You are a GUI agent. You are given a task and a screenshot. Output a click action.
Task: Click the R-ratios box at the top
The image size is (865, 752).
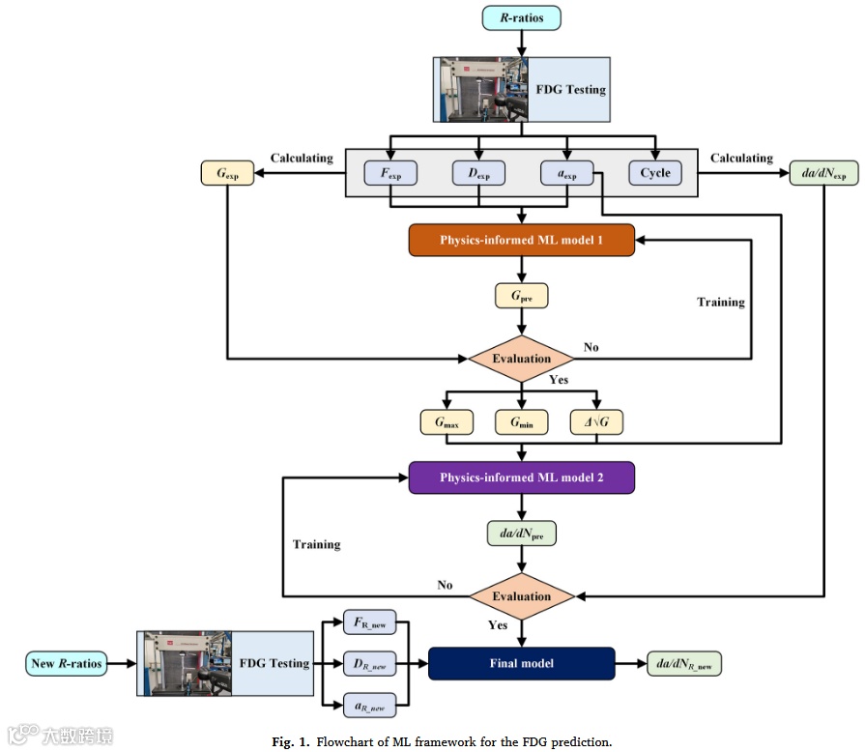(x=522, y=17)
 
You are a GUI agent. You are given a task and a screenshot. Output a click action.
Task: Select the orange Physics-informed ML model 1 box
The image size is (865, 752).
(x=522, y=240)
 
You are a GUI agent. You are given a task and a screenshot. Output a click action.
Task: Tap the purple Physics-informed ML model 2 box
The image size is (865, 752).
(x=522, y=477)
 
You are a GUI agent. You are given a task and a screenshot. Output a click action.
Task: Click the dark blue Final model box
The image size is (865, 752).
(x=522, y=664)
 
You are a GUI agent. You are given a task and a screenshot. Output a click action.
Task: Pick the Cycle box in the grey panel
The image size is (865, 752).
(x=654, y=173)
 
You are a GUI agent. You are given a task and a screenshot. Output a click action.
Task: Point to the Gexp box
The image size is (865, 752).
(x=224, y=173)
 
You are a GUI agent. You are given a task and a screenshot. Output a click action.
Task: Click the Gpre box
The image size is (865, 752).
(x=522, y=295)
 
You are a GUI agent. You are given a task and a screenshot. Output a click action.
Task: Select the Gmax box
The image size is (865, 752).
(x=445, y=422)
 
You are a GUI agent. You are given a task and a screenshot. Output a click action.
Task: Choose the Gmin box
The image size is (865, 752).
(x=522, y=422)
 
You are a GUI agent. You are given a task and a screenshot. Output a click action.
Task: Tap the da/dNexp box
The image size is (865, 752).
(x=824, y=173)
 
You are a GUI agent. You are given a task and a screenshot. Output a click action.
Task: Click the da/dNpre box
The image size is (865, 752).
(x=522, y=534)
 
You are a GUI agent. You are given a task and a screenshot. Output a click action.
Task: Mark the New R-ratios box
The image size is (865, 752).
(x=66, y=664)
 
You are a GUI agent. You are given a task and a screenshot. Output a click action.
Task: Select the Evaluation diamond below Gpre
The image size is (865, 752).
(x=522, y=359)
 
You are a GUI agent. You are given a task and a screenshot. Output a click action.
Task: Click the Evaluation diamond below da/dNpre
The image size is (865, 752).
(x=522, y=596)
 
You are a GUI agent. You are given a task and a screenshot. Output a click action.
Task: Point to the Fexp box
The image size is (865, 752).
(x=389, y=173)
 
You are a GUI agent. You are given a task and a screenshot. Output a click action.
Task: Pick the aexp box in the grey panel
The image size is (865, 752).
(x=566, y=173)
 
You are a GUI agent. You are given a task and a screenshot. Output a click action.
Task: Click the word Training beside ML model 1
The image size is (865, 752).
(x=721, y=302)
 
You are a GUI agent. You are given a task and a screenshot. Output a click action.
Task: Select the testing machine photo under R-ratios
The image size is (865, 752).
(x=482, y=90)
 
